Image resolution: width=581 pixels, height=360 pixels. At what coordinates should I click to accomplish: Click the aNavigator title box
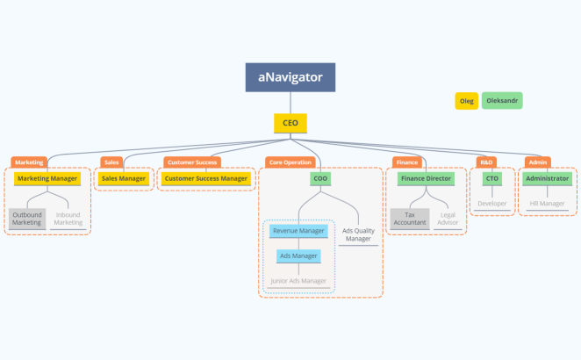click(x=290, y=78)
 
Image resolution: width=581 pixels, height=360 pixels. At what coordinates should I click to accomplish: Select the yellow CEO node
click(x=290, y=123)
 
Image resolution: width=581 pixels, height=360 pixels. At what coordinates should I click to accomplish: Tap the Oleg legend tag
click(x=467, y=101)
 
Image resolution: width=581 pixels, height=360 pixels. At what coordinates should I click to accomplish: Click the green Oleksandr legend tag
click(x=502, y=101)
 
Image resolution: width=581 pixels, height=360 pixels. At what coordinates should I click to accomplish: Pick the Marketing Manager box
click(x=48, y=178)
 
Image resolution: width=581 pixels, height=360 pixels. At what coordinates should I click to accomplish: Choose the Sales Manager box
click(x=124, y=178)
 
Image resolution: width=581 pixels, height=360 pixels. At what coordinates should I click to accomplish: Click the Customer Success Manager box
click(x=206, y=178)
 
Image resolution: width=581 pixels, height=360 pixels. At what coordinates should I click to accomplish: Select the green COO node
click(x=320, y=178)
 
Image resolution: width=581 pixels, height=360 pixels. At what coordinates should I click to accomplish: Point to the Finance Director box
click(x=426, y=178)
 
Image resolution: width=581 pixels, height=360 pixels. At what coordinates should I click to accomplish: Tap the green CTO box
click(x=492, y=178)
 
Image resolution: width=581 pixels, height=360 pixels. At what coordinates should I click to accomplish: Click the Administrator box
click(x=548, y=178)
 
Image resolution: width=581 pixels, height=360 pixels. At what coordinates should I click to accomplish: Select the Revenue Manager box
click(x=299, y=231)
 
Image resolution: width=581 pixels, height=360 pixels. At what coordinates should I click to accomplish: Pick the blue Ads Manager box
click(x=299, y=256)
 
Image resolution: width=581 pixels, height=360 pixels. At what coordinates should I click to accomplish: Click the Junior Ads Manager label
click(x=298, y=281)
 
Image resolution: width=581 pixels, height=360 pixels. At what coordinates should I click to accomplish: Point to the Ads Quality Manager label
click(x=358, y=234)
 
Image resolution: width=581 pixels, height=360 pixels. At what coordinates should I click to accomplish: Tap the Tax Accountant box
click(x=410, y=218)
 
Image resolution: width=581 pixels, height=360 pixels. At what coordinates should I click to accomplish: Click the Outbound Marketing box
click(x=27, y=218)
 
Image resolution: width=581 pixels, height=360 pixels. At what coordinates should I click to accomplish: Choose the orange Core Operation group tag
click(x=290, y=162)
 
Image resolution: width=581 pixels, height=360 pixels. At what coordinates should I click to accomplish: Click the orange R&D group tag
click(x=487, y=162)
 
